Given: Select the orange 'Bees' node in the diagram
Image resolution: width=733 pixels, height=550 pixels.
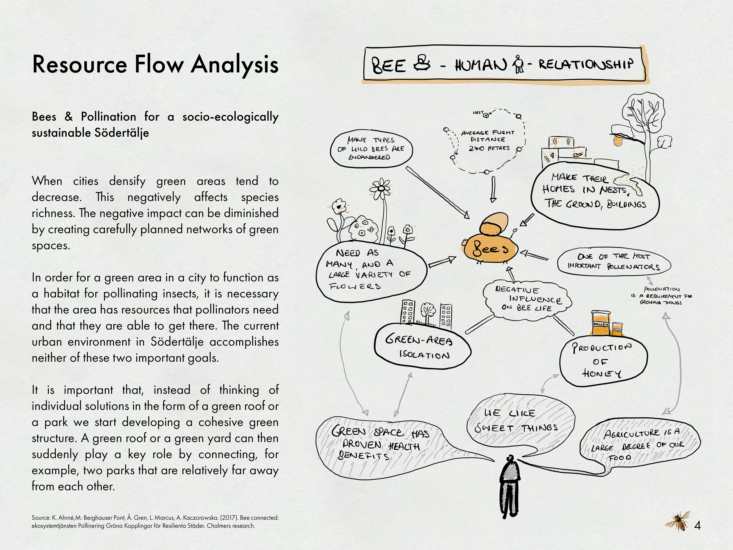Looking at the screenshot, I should click(490, 249).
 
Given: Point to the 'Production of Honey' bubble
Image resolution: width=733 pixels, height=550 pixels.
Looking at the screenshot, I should click(603, 361).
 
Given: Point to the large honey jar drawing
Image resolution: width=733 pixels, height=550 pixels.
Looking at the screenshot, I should click(601, 323).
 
